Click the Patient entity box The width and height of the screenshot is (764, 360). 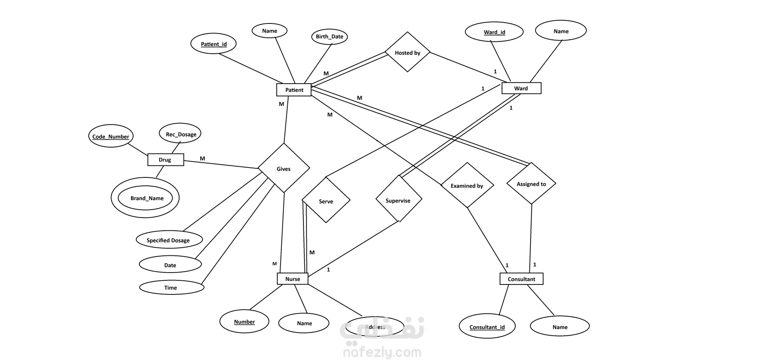pyautogui.click(x=294, y=90)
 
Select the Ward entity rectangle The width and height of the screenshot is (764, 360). pyautogui.click(x=521, y=88)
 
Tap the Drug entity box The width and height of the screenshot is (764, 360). pyautogui.click(x=166, y=160)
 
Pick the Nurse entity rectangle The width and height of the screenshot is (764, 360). pyautogui.click(x=292, y=279)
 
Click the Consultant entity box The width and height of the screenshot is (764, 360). pyautogui.click(x=521, y=279)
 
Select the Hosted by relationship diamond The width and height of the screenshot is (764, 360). pyautogui.click(x=407, y=53)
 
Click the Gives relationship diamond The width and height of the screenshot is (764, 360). pyautogui.click(x=284, y=169)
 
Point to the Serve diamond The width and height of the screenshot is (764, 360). pyautogui.click(x=326, y=201)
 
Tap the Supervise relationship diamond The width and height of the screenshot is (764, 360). pyautogui.click(x=398, y=200)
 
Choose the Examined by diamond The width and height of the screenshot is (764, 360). pyautogui.click(x=467, y=185)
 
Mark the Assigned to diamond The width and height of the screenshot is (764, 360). pyautogui.click(x=531, y=184)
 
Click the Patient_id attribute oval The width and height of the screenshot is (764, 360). pyautogui.click(x=214, y=44)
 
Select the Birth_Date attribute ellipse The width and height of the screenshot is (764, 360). pyautogui.click(x=329, y=37)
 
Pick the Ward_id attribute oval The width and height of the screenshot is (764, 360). pyautogui.click(x=494, y=32)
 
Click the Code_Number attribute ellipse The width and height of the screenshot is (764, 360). pyautogui.click(x=111, y=136)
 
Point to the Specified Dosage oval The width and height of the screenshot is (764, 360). pyautogui.click(x=169, y=240)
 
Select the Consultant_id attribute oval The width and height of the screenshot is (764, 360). pyautogui.click(x=487, y=327)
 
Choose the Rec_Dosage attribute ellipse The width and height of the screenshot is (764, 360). pyautogui.click(x=181, y=134)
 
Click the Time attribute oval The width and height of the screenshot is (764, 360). pyautogui.click(x=171, y=287)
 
